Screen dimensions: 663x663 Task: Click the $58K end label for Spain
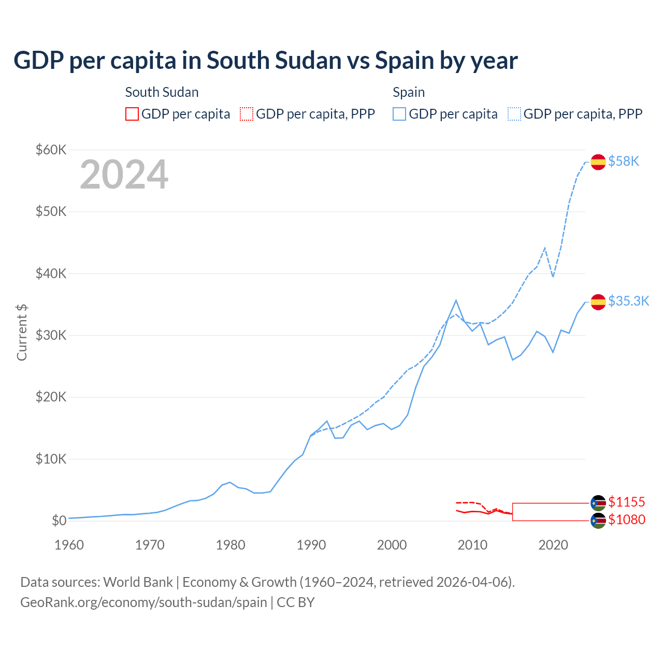[x=624, y=162]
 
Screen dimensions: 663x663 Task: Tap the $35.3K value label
[x=628, y=301]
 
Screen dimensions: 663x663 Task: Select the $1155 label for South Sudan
[x=626, y=502]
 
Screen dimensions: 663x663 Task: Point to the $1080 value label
[x=626, y=520]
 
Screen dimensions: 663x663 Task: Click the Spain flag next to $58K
[x=598, y=162]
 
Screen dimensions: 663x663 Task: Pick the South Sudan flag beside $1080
[x=598, y=521]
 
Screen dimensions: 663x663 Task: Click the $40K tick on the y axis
[x=51, y=273]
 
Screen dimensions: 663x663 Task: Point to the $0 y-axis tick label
[x=59, y=521]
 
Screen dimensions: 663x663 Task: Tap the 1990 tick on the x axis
[x=311, y=545]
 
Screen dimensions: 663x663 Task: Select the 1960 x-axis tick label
[x=69, y=545]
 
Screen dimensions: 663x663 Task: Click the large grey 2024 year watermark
[x=124, y=175]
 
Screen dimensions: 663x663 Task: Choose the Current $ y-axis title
[x=22, y=332]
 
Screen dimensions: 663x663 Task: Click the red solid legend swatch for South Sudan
[x=132, y=114]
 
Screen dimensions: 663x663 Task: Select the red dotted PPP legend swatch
[x=247, y=114]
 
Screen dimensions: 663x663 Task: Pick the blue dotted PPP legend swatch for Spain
[x=514, y=114]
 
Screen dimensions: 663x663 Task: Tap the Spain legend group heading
[x=408, y=92]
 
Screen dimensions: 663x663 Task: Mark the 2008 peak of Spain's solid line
[x=456, y=300]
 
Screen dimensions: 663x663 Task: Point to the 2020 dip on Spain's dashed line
[x=553, y=277]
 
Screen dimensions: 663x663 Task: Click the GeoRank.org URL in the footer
[x=143, y=602]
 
